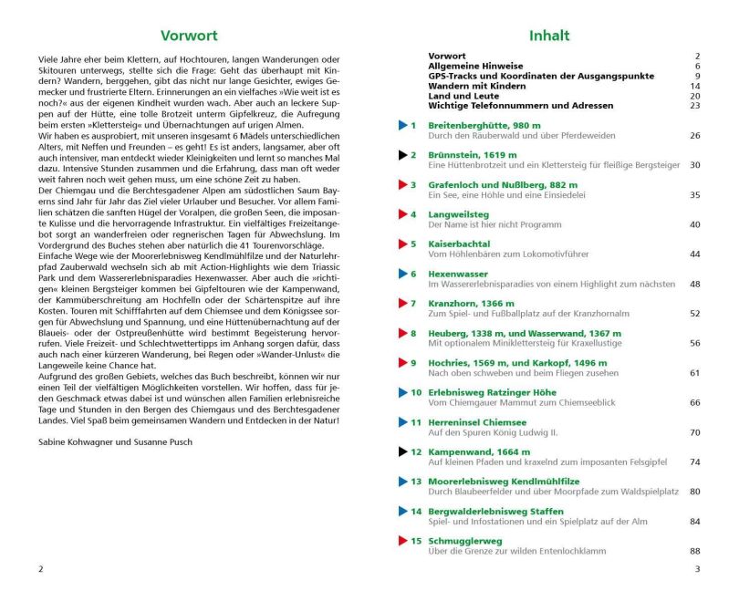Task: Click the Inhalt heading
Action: click(549, 36)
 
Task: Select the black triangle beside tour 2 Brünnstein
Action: click(402, 155)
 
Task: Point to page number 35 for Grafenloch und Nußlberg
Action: click(694, 195)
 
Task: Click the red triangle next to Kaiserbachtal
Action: click(402, 244)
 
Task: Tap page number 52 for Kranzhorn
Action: click(694, 314)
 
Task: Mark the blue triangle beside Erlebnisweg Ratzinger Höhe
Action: click(402, 392)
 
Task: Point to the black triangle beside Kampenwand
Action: click(402, 451)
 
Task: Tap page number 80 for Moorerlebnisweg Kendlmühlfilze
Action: click(694, 492)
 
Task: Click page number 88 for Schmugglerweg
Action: click(694, 551)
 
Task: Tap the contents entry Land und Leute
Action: click(463, 96)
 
